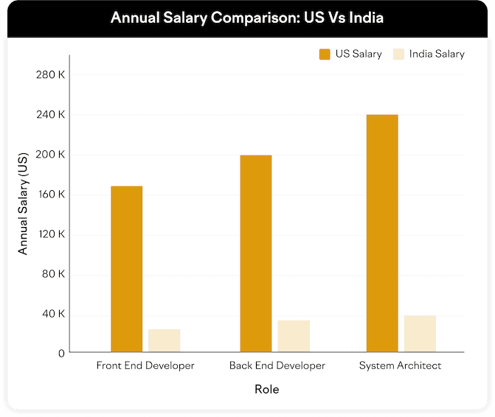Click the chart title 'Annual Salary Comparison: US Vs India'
click(247, 17)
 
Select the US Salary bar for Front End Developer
click(126, 269)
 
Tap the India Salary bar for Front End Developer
click(164, 340)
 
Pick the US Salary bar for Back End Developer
click(256, 253)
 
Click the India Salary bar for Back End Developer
click(294, 336)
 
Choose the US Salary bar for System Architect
click(382, 234)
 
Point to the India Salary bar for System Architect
click(420, 334)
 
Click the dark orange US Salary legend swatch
click(325, 54)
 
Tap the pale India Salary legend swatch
click(399, 54)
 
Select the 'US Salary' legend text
click(359, 54)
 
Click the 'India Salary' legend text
click(438, 54)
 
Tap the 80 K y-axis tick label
click(53, 274)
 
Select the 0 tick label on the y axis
click(61, 354)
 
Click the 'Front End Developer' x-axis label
click(145, 365)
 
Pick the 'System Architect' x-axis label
click(400, 365)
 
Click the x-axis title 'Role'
click(266, 389)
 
